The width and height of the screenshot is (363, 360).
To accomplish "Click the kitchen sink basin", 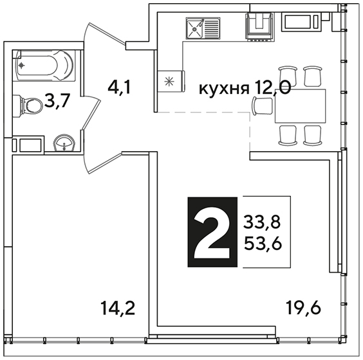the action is [195, 29].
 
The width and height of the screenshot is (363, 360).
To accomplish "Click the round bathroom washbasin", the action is [64, 143].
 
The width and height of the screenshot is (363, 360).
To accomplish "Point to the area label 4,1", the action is [119, 87].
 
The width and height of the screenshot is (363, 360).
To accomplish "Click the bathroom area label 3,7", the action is [57, 101].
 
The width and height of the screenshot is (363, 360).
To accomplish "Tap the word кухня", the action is [223, 89].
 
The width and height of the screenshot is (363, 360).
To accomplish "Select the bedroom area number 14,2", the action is [118, 308].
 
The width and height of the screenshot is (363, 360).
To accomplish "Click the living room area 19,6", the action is [303, 307].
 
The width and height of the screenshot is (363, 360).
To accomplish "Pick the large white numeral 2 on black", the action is [212, 232].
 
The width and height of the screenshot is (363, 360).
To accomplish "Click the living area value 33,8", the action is [262, 221].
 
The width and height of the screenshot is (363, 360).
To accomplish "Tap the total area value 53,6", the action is [263, 244].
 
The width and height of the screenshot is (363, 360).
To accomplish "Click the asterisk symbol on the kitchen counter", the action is [169, 82].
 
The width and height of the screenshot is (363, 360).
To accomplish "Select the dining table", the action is [301, 106].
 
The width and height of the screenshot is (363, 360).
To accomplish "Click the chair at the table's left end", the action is [263, 106].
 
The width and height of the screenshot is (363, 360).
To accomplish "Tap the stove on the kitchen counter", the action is [260, 27].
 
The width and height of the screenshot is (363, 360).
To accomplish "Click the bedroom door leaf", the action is [105, 163].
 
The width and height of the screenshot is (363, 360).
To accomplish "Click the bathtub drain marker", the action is [21, 66].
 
